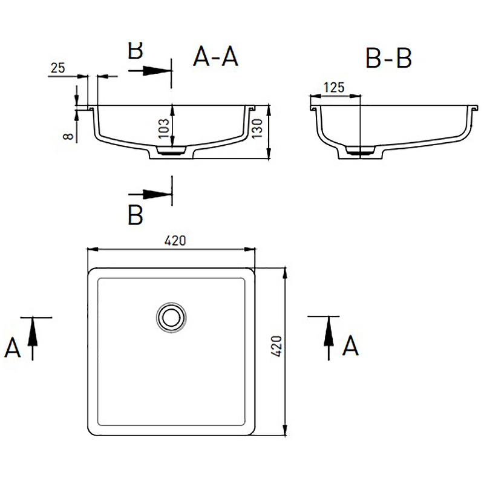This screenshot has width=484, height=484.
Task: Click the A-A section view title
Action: pos(215,56)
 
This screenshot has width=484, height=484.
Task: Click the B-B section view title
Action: pos(388,57)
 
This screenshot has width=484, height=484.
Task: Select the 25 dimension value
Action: pos(57,68)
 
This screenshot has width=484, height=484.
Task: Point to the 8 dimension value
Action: pos(68,136)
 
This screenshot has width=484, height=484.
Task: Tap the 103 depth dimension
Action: pos(164,129)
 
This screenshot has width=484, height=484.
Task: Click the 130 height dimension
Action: pos(257,129)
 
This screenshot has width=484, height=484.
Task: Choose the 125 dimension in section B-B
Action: pos(334,88)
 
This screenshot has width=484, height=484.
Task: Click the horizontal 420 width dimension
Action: pos(175,241)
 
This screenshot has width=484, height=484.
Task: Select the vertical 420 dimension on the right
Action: pos(276,346)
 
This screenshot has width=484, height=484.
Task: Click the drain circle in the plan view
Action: pos(171,318)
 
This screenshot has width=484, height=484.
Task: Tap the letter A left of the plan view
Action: pos(12,347)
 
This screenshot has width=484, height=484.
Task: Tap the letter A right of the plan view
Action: pos(350,345)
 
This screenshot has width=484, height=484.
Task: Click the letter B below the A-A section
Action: pos(135,215)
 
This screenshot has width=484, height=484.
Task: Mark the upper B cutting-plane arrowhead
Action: pos(157,71)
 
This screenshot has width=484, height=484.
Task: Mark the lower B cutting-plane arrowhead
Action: pos(157,194)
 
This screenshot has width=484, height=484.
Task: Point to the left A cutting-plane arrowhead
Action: pos(33,332)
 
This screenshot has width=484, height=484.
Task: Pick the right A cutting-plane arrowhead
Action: pos(329,331)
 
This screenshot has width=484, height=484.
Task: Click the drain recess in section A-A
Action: pos(171,150)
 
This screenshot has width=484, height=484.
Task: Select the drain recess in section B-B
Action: pos(360,150)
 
